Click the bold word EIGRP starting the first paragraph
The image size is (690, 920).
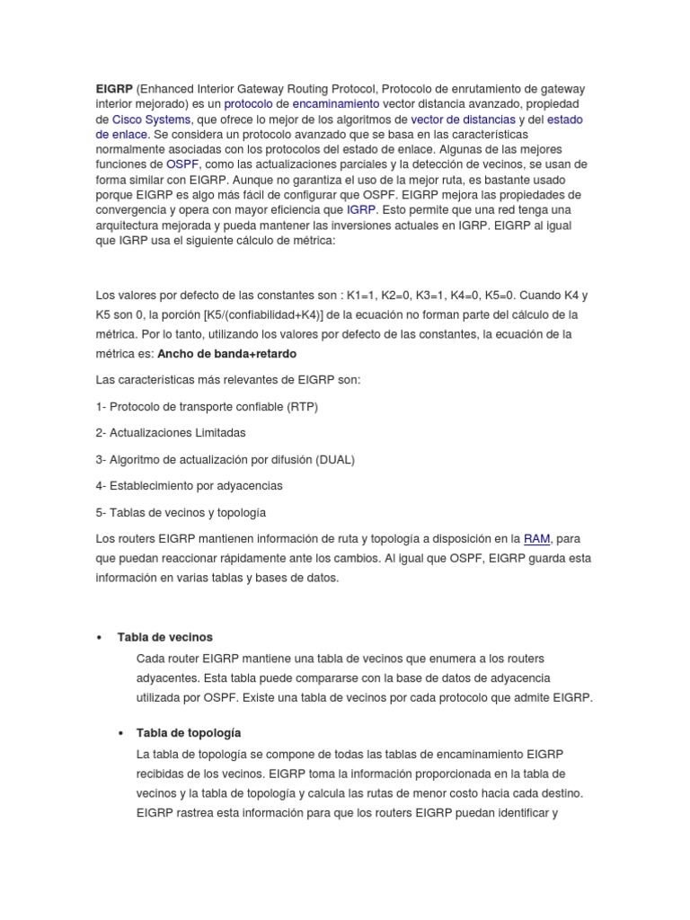point(113,89)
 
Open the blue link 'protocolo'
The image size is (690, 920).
point(249,104)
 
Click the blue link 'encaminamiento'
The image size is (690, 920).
point(330,104)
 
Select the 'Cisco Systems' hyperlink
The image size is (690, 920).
point(151,119)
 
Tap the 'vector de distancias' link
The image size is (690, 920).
point(463,119)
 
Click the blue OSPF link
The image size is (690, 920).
point(182,165)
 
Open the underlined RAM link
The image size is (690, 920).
point(536,539)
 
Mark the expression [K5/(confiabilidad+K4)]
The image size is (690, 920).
point(270,314)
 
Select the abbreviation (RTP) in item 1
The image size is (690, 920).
point(303,406)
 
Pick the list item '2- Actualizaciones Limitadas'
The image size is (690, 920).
point(171,432)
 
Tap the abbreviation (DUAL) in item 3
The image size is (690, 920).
point(335,459)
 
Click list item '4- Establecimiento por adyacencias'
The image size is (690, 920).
point(189,485)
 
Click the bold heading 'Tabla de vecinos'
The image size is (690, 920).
point(165,637)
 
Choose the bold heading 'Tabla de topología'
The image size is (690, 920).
point(189,732)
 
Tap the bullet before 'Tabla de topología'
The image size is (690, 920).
point(121,733)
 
